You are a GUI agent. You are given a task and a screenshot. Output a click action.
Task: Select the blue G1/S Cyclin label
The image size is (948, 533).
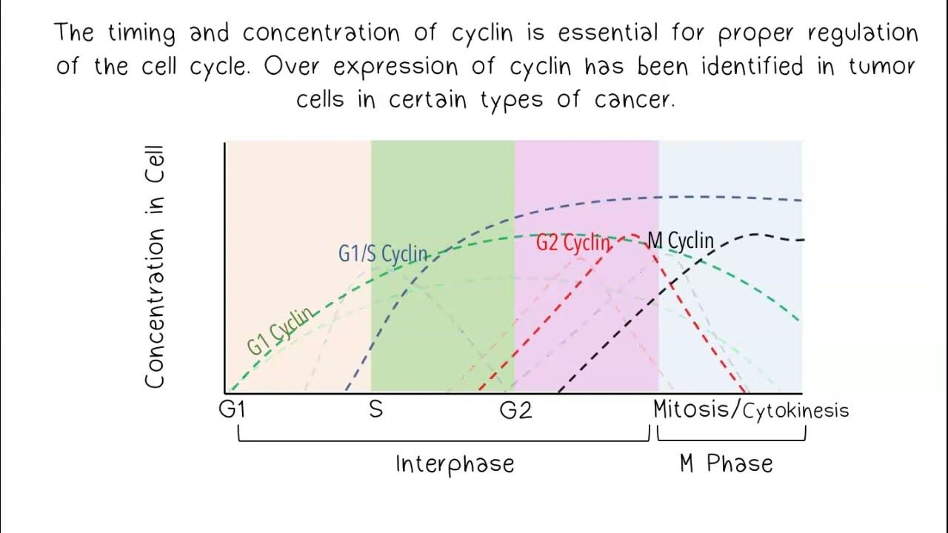pos(383,253)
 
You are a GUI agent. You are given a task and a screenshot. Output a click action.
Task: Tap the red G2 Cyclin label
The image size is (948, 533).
pos(573,242)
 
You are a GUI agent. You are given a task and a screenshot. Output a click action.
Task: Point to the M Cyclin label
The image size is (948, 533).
pos(681,241)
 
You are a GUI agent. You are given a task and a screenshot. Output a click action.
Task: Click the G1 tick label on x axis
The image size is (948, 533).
pos(231,409)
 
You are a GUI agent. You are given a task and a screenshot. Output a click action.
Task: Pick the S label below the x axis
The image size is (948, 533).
pos(376,409)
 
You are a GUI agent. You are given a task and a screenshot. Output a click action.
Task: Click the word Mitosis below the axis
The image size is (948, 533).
pos(695,409)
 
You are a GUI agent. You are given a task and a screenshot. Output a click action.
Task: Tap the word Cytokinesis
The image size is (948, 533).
pos(795,411)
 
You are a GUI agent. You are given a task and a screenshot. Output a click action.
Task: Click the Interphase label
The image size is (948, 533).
pos(455,464)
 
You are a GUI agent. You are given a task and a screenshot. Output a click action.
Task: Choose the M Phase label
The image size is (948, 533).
pos(726,464)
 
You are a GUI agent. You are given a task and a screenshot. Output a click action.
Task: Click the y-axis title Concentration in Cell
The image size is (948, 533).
pos(154,266)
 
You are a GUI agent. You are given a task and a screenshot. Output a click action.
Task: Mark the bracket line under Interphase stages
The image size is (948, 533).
pos(443,440)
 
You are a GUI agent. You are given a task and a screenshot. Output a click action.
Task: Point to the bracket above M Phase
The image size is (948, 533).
pos(731,440)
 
